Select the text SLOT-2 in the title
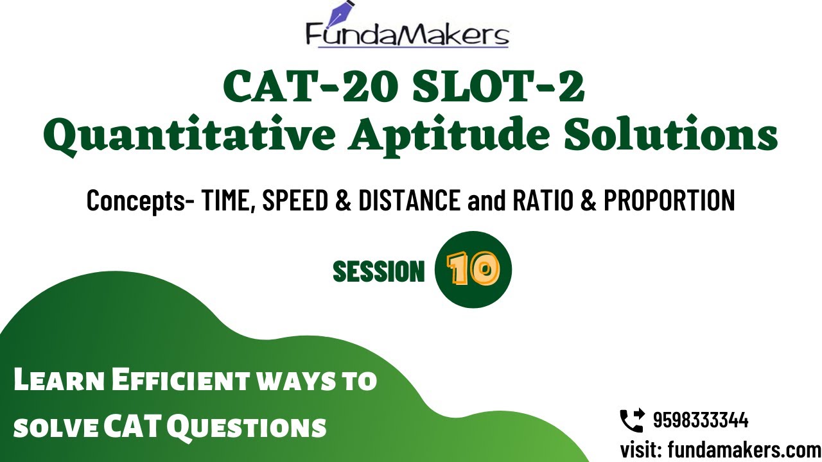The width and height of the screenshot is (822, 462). [x=498, y=88]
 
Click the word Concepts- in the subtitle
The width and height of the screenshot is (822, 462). [x=141, y=201]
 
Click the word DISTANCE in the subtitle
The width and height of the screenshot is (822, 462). [x=409, y=201]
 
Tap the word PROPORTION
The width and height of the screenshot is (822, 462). [x=669, y=201]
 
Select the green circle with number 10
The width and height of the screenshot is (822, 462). [x=473, y=269]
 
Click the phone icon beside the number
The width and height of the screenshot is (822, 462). [x=632, y=421]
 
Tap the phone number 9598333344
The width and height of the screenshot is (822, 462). [x=700, y=421]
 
